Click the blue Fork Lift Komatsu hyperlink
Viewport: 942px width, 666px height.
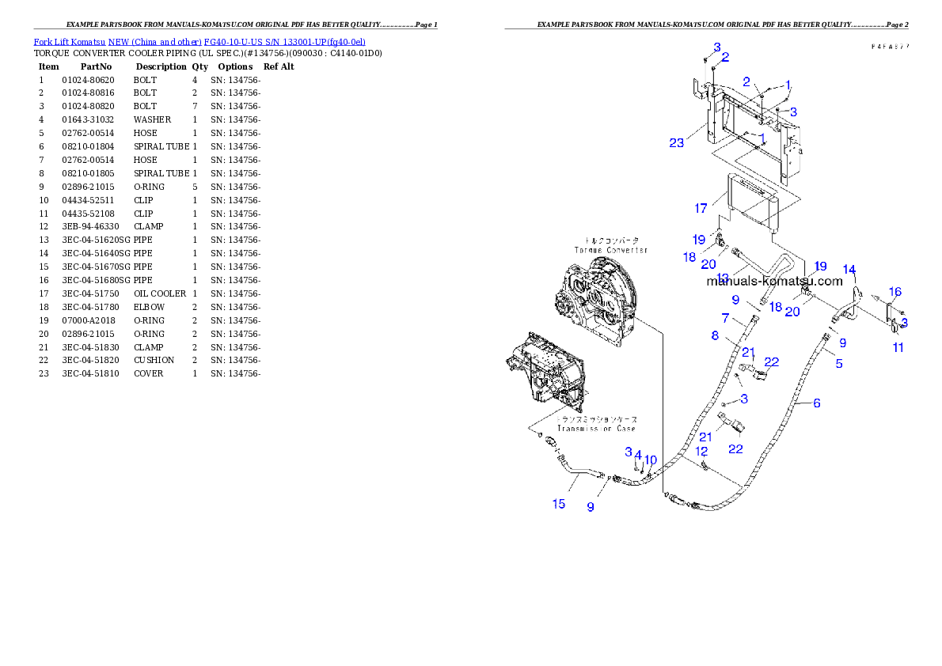(x=199, y=41)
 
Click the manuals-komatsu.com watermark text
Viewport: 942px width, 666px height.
(x=774, y=281)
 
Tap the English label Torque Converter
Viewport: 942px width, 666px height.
(x=610, y=250)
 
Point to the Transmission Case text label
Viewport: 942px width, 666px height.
(x=596, y=429)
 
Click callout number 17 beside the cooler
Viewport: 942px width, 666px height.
(x=701, y=209)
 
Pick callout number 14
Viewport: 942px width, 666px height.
(x=849, y=270)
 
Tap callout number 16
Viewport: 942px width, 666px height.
(x=895, y=292)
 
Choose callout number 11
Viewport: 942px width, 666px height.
(x=898, y=347)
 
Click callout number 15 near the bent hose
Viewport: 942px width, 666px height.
(x=559, y=504)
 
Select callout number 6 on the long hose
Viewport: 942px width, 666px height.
(x=816, y=403)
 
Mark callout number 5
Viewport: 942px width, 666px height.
(x=838, y=364)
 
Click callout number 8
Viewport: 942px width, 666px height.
(x=715, y=335)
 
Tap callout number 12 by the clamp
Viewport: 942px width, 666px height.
(x=701, y=451)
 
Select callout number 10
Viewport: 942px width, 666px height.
(x=650, y=460)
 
